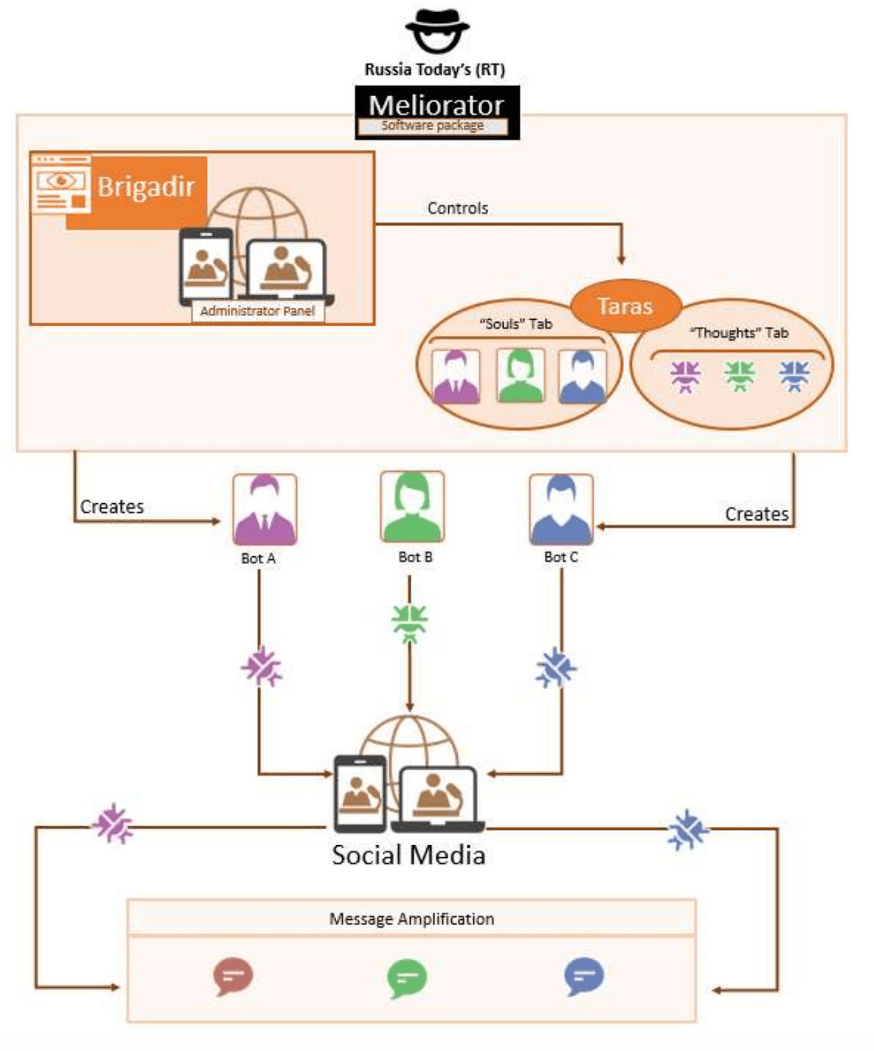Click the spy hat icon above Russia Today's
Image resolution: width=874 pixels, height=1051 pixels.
pos(437,30)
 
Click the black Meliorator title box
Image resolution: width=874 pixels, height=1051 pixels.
pos(437,112)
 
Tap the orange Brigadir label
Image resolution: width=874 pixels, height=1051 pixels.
pos(146,187)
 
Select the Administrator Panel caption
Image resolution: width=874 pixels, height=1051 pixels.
pos(257,311)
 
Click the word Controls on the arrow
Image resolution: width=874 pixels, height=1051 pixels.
pos(458,209)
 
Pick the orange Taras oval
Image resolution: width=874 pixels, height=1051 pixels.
pos(625,306)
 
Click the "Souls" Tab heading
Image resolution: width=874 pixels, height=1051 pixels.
pos(516,324)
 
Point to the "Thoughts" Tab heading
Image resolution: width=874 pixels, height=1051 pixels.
pos(739,333)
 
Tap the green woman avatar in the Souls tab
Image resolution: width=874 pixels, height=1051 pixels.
pos(520,376)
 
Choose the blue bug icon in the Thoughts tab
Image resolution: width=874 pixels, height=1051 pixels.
pos(794,375)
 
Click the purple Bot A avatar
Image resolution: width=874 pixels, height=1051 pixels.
pos(264,509)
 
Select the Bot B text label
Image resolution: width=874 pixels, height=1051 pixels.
pos(415,557)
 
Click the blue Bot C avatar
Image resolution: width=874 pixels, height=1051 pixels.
pos(561,509)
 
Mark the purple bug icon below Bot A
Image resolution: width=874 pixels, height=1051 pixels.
pos(261,667)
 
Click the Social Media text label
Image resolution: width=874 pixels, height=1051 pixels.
pos(409,855)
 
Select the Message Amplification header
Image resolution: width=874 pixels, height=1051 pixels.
pos(411,919)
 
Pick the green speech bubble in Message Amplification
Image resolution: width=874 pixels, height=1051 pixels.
pos(407,977)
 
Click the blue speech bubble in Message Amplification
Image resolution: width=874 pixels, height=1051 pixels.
pos(584,976)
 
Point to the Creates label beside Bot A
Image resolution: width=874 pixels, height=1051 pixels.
pos(112,507)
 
